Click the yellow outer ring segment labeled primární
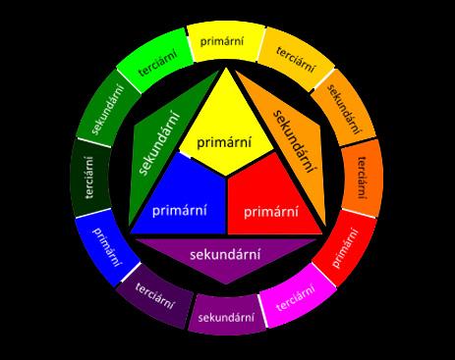click(x=226, y=42)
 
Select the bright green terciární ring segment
click(x=155, y=61)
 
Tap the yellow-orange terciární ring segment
click(x=296, y=59)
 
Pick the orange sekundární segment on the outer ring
click(x=344, y=108)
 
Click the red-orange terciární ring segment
click(x=362, y=179)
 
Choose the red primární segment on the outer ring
click(x=345, y=248)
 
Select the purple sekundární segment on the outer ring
click(x=226, y=316)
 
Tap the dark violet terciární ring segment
click(x=155, y=295)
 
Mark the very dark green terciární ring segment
click(x=90, y=178)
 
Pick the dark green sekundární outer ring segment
click(x=107, y=108)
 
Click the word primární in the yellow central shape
click(x=224, y=142)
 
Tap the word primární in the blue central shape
click(x=180, y=210)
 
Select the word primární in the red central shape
click(x=271, y=211)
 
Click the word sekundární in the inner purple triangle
click(x=225, y=254)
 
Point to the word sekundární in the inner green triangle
click(x=159, y=143)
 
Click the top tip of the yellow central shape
click(x=226, y=68)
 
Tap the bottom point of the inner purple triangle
click(x=226, y=283)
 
